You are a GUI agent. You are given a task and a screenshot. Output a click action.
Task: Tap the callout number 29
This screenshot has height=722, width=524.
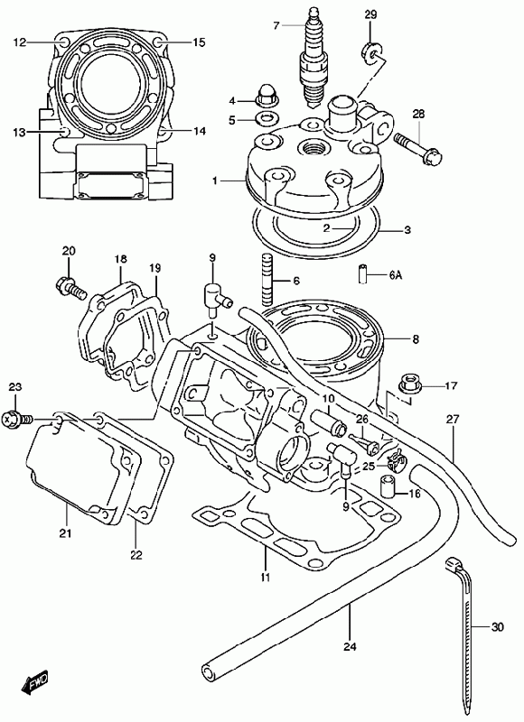click(370, 15)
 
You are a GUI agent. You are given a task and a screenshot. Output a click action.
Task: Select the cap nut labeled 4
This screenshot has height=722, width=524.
click(265, 94)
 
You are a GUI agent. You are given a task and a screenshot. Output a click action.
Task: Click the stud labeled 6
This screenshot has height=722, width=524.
click(267, 279)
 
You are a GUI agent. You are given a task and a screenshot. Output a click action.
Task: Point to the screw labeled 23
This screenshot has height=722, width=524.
click(16, 420)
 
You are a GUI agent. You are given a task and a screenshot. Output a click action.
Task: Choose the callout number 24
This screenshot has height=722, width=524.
click(350, 646)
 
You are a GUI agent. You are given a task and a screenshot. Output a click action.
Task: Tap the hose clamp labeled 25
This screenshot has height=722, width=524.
click(395, 461)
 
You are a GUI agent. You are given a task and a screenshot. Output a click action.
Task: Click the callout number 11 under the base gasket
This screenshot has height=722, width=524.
click(266, 577)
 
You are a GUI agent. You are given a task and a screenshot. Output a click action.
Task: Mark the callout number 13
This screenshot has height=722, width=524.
click(19, 132)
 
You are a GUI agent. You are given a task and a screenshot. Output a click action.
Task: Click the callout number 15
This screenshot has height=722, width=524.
click(199, 42)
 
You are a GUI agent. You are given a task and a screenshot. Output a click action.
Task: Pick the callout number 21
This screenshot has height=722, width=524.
click(65, 533)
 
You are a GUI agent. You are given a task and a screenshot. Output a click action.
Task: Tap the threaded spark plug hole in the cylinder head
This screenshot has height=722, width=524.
click(312, 148)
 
